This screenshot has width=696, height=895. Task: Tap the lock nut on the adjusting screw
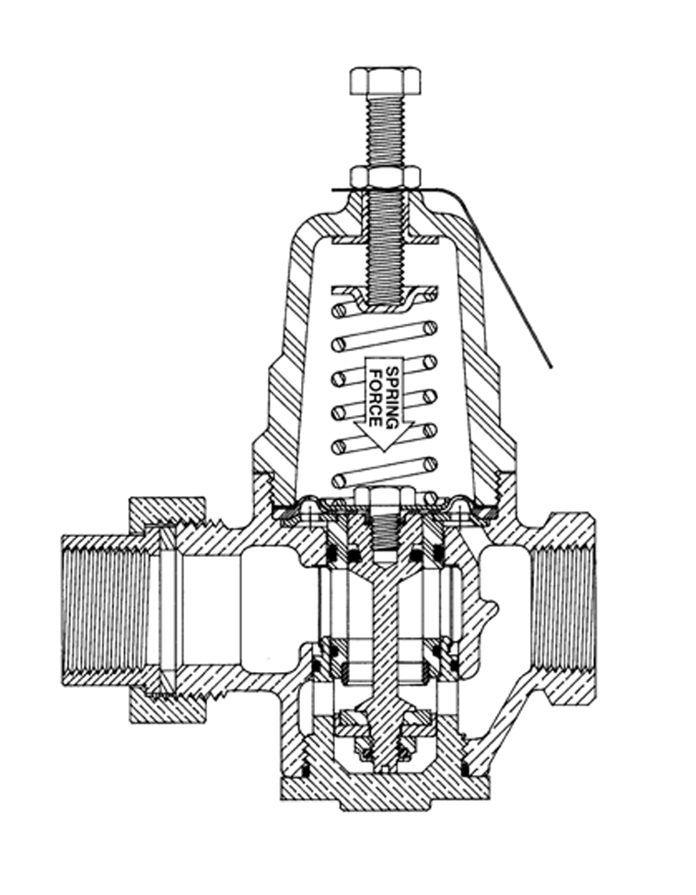[x=385, y=177]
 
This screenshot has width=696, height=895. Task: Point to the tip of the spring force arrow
[x=384, y=452]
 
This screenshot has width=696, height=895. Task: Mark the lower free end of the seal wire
[x=551, y=367]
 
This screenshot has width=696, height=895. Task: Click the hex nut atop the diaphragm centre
[x=385, y=497]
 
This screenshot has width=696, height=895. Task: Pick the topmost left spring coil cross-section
[x=340, y=311]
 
